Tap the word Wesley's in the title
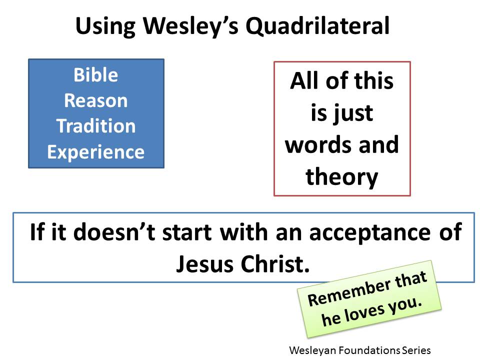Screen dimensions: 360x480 point(186,25)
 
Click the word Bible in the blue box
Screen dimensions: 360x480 point(96,75)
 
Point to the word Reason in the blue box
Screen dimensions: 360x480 point(96,100)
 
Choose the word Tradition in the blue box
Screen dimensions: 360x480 point(96,126)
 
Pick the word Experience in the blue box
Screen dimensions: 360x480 point(96,151)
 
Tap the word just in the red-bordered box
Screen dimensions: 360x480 point(355,112)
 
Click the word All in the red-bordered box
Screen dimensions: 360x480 point(305,81)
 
